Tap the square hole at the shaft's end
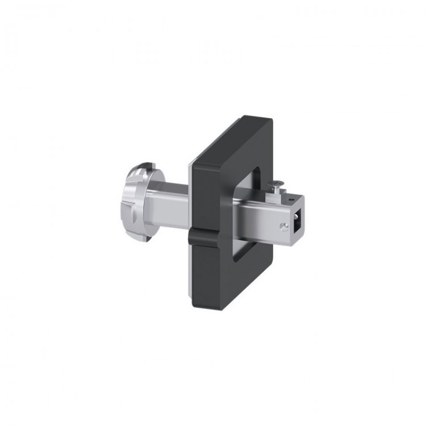tap(297, 223)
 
